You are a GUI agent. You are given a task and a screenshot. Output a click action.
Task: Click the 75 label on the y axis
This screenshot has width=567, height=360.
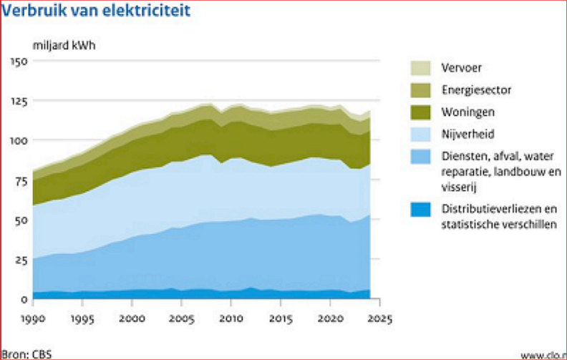[x=21, y=180]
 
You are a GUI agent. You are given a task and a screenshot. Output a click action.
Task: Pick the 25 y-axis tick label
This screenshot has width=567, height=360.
[x=21, y=259]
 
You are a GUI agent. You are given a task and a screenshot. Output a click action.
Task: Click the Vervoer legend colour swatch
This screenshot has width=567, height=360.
[x=420, y=68]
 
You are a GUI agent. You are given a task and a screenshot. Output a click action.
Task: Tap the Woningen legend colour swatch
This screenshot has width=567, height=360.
[x=420, y=112]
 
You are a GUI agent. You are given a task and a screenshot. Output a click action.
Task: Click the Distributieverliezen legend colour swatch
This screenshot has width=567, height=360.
[x=420, y=209]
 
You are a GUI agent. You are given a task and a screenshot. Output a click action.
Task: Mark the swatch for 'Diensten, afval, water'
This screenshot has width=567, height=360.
[x=420, y=157]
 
